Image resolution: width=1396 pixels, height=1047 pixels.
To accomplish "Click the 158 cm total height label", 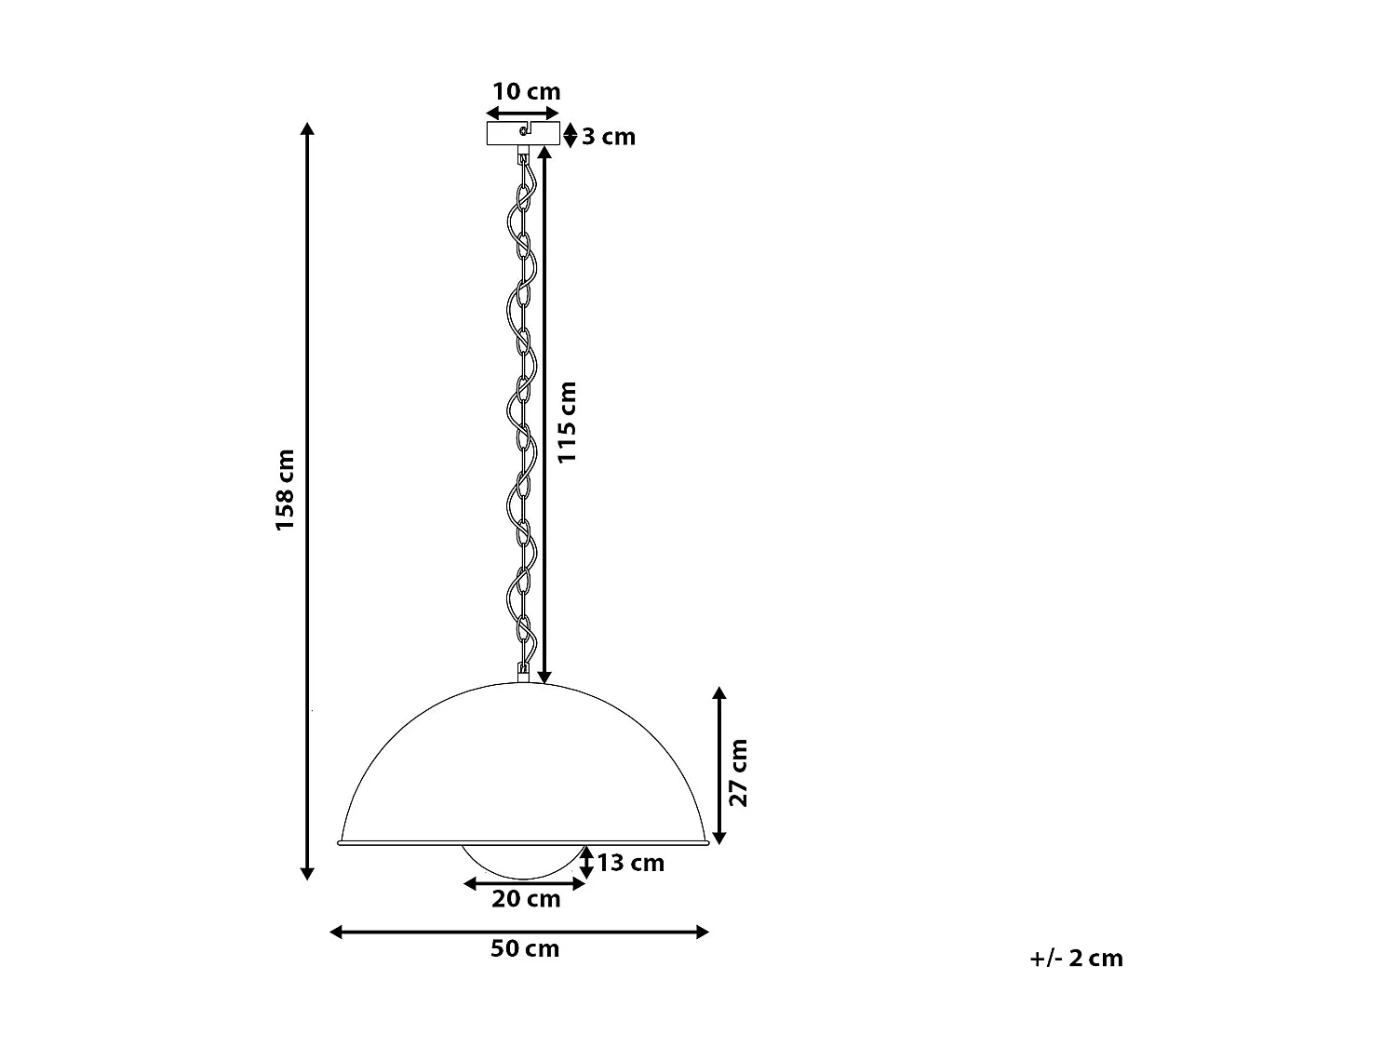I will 285,490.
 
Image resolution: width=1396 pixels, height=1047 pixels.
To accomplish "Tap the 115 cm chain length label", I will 567,422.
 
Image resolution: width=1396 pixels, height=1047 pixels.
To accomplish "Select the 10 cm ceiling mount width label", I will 526,91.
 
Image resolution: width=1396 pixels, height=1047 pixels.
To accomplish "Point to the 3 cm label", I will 609,137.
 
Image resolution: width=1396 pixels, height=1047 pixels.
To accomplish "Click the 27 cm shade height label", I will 738,772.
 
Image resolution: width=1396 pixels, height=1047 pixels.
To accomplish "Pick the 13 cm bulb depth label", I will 630,863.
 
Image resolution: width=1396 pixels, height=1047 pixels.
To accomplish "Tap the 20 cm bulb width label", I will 526,899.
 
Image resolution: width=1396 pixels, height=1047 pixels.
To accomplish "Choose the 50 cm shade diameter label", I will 525,948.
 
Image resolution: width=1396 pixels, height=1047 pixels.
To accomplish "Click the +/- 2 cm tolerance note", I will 1077,958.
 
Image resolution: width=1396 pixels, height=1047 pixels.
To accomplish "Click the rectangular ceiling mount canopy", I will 524,133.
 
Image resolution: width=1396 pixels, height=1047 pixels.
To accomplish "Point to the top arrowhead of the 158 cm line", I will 307,129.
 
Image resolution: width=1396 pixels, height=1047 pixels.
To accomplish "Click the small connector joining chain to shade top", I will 524,669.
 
